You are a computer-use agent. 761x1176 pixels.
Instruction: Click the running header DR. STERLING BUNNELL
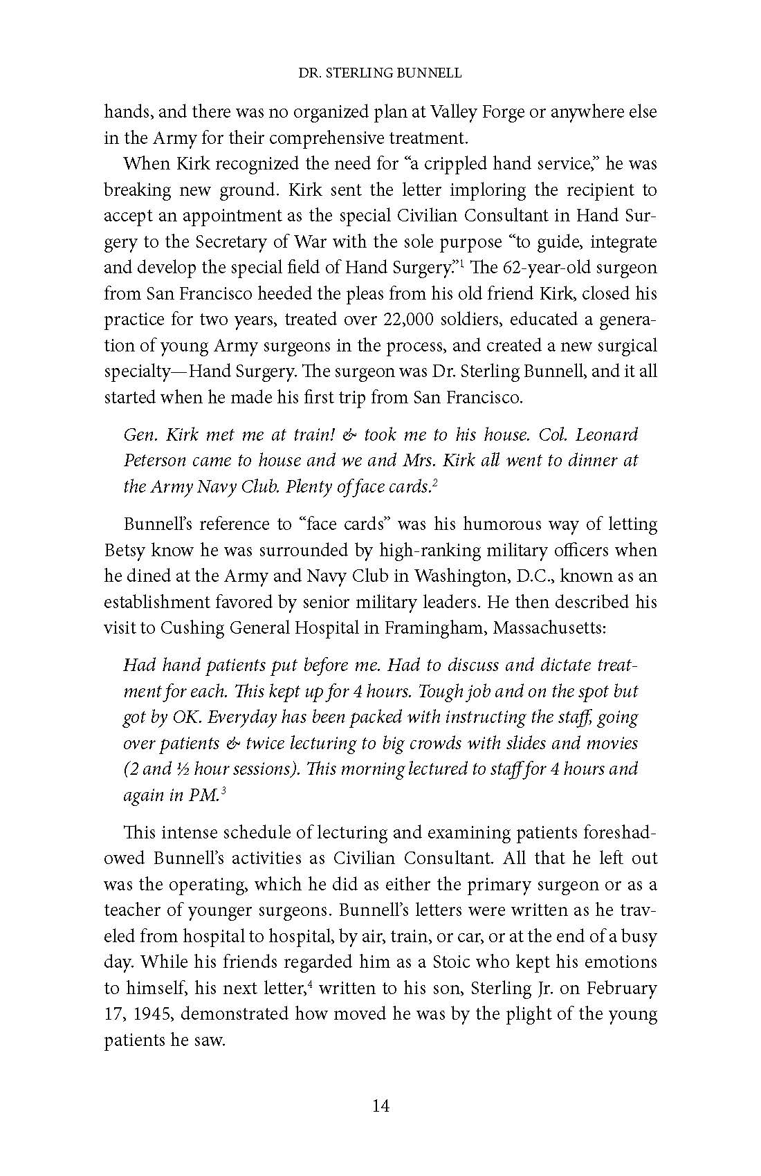pos(380,72)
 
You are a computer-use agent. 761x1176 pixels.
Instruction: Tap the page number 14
pos(380,1105)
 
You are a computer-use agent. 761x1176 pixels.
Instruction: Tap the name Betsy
pos(125,551)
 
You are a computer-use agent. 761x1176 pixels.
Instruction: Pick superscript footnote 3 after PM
pos(223,791)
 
